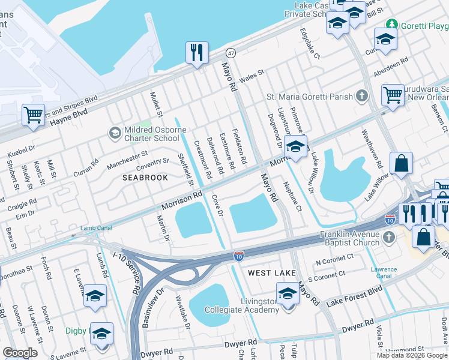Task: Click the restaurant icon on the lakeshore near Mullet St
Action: (196, 53)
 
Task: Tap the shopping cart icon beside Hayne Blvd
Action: (33, 115)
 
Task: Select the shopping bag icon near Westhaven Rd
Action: (401, 163)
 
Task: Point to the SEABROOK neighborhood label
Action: (145, 178)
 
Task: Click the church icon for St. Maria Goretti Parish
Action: (361, 96)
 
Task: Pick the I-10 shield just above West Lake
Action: (238, 256)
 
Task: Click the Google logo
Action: (20, 352)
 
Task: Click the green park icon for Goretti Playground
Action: (392, 24)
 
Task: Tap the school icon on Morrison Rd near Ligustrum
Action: (295, 147)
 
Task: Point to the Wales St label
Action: (252, 76)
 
